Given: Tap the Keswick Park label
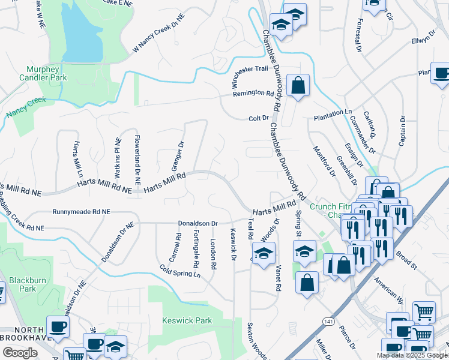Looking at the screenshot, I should pyautogui.click(x=187, y=320).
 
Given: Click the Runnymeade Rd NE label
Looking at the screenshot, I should pyautogui.click(x=81, y=212).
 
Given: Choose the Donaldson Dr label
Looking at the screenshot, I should pyautogui.click(x=197, y=223).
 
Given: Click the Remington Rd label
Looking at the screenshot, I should pyautogui.click(x=253, y=93).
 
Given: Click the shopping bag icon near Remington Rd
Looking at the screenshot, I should pyautogui.click(x=298, y=86).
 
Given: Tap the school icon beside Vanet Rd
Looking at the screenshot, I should pyautogui.click(x=264, y=254).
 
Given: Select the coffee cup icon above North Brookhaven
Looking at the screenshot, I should pyautogui.click(x=58, y=327).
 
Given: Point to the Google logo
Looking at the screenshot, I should pyautogui.click(x=20, y=353).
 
